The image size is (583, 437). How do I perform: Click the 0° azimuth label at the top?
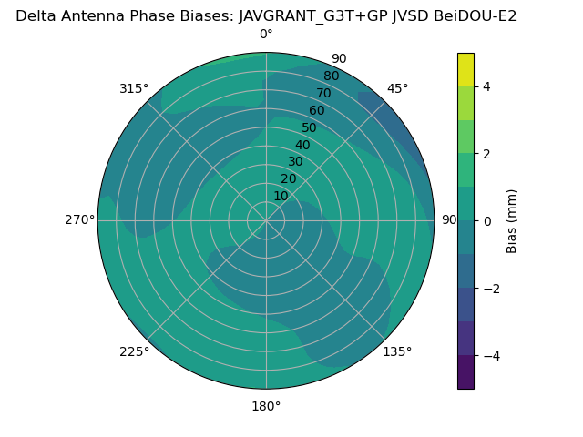pos(266,35)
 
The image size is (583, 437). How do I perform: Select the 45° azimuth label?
pos(397,88)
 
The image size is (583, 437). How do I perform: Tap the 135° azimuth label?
pos(397,351)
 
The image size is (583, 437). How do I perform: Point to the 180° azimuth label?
pos(266,406)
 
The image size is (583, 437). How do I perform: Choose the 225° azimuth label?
pos(134,351)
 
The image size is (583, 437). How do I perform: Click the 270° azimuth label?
pos(79,220)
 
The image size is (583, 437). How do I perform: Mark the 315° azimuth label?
pos(134,88)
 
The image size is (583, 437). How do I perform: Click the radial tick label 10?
pos(281,196)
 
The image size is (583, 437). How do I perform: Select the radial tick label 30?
pos(295,162)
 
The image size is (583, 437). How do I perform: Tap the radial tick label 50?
pos(310,127)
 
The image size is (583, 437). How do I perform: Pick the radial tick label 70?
pos(323,94)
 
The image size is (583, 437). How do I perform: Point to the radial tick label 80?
pos(331,76)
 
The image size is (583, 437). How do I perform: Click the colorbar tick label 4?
pos(487,86)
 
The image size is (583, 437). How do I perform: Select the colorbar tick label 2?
pos(487,154)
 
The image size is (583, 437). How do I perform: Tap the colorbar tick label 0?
pos(487,221)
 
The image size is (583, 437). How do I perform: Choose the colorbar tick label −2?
pos(491,289)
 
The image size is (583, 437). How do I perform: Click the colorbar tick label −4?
pos(491,356)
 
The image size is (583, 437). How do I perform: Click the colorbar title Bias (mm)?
pos(512,221)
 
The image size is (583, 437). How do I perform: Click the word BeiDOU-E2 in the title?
pos(479,15)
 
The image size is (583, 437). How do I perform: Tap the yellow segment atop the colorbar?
pos(465,69)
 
